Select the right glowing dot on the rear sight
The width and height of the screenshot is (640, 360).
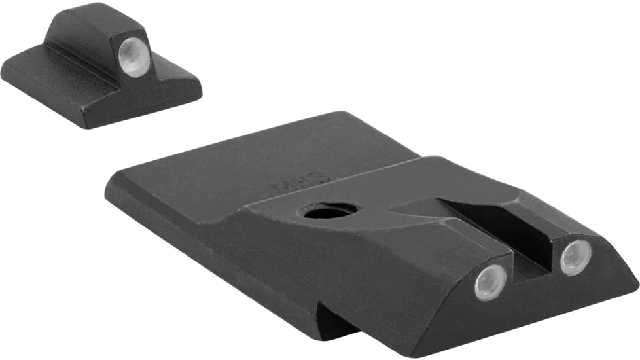tap(576, 257)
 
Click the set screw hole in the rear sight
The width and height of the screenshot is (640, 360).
tap(331, 211)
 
